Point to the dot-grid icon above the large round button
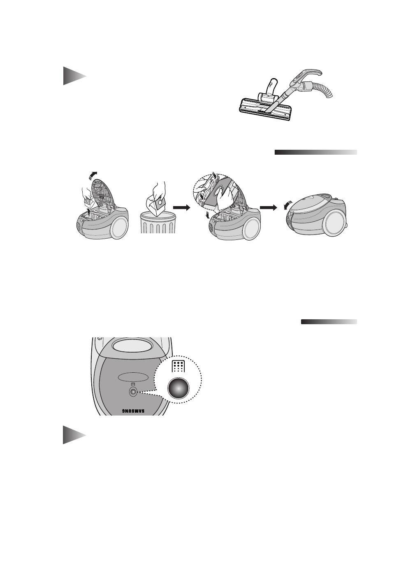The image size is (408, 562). pos(178,367)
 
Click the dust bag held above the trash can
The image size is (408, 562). pos(156,203)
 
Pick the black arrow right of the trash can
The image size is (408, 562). pos(182,208)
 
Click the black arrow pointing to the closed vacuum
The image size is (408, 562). pos(269,208)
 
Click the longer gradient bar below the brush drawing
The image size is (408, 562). pos(315,152)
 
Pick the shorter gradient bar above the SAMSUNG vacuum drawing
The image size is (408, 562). pos(329,322)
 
